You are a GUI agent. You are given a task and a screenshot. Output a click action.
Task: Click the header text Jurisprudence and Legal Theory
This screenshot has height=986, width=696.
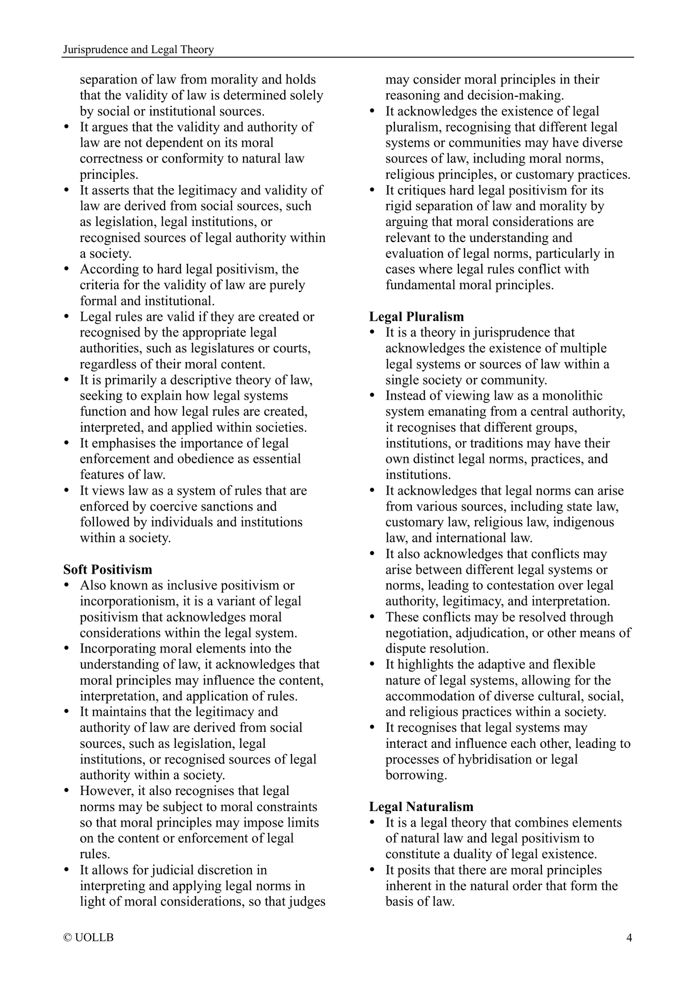139,50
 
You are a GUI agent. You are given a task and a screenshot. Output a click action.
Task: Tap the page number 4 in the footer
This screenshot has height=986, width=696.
629,937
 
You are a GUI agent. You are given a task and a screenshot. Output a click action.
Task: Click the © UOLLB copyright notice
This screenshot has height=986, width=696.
89,937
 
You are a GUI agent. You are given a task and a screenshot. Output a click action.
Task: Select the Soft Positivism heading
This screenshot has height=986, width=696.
108,569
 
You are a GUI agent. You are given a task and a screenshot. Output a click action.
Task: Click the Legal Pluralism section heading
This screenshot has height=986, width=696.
417,317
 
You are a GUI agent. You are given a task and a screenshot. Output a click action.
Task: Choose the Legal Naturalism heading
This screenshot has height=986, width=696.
421,807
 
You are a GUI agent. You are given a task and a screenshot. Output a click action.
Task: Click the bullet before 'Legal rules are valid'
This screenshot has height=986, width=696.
67,317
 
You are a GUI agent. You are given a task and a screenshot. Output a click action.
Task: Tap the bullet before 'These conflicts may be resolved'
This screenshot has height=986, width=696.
373,618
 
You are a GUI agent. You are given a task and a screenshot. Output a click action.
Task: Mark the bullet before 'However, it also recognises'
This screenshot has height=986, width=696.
67,791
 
